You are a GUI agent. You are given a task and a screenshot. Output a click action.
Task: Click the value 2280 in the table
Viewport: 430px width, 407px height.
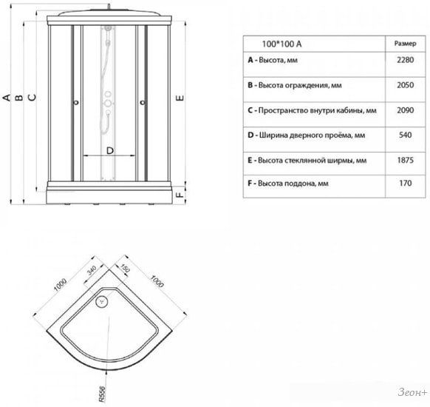click(406, 60)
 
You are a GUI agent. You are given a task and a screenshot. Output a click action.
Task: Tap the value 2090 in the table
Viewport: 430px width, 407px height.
click(406, 110)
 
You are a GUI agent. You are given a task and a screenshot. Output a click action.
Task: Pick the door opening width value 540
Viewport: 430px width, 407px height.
click(406, 135)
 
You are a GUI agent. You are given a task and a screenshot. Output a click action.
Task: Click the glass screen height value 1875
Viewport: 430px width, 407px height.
click(406, 161)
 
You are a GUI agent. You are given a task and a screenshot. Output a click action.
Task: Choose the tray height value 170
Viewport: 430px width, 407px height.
click(406, 184)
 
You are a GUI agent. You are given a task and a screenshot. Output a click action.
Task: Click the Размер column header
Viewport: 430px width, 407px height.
click(406, 44)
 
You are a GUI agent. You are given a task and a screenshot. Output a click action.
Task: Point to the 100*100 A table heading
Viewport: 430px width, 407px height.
click(281, 44)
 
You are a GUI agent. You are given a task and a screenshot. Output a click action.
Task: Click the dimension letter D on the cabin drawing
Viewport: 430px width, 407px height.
click(109, 150)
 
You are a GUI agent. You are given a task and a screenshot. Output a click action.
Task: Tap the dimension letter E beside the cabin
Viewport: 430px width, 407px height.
click(180, 98)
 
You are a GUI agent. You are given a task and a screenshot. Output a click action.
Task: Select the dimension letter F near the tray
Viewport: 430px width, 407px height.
click(180, 195)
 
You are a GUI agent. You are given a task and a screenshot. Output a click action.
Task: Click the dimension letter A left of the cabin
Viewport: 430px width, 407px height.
click(7, 98)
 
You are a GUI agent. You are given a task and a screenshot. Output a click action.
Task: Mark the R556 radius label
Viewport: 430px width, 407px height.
click(102, 394)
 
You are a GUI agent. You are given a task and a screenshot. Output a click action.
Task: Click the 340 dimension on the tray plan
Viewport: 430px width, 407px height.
click(92, 270)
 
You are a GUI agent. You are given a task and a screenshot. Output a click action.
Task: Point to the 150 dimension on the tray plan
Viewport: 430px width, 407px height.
click(125, 269)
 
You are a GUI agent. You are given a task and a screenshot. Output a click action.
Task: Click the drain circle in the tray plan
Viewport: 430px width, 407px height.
click(102, 302)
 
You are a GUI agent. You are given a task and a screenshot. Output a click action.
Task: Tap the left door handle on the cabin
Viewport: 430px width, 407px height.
click(77, 102)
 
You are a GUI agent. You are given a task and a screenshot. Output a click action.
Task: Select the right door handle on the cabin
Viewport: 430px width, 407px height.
click(143, 103)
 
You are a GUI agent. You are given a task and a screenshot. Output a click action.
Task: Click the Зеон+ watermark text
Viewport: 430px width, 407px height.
click(412, 392)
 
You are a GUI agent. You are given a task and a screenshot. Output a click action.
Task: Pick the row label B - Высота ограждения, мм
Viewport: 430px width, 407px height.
click(295, 85)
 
